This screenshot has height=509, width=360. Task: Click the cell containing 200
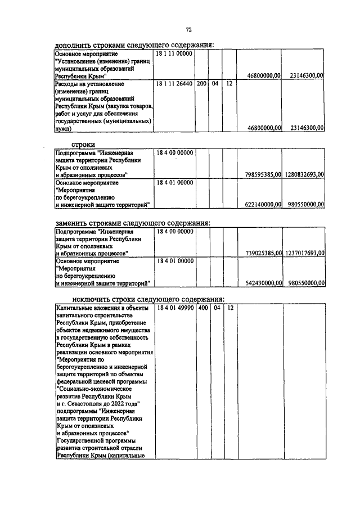201,83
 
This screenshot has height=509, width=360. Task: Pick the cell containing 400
201,308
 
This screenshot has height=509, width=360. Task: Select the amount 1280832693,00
304,175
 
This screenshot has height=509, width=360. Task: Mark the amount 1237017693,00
304,254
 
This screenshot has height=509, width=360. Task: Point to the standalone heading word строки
83,144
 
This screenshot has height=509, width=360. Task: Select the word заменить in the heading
79,223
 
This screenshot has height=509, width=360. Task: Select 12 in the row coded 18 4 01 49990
229,308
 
